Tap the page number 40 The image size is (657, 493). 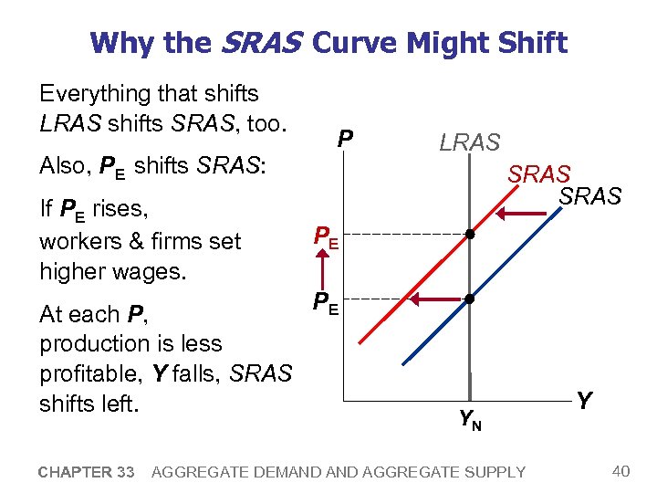(x=620, y=471)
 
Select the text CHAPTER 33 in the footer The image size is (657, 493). (x=87, y=472)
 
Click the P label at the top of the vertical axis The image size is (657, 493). (x=345, y=139)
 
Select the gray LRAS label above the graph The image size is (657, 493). (x=470, y=142)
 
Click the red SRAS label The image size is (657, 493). (x=539, y=173)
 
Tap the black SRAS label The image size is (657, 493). (x=589, y=196)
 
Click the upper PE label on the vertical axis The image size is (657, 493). (x=326, y=237)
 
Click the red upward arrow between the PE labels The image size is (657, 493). (x=322, y=269)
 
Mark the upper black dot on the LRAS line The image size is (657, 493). (x=470, y=235)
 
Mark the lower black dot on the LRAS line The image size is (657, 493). (x=470, y=299)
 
